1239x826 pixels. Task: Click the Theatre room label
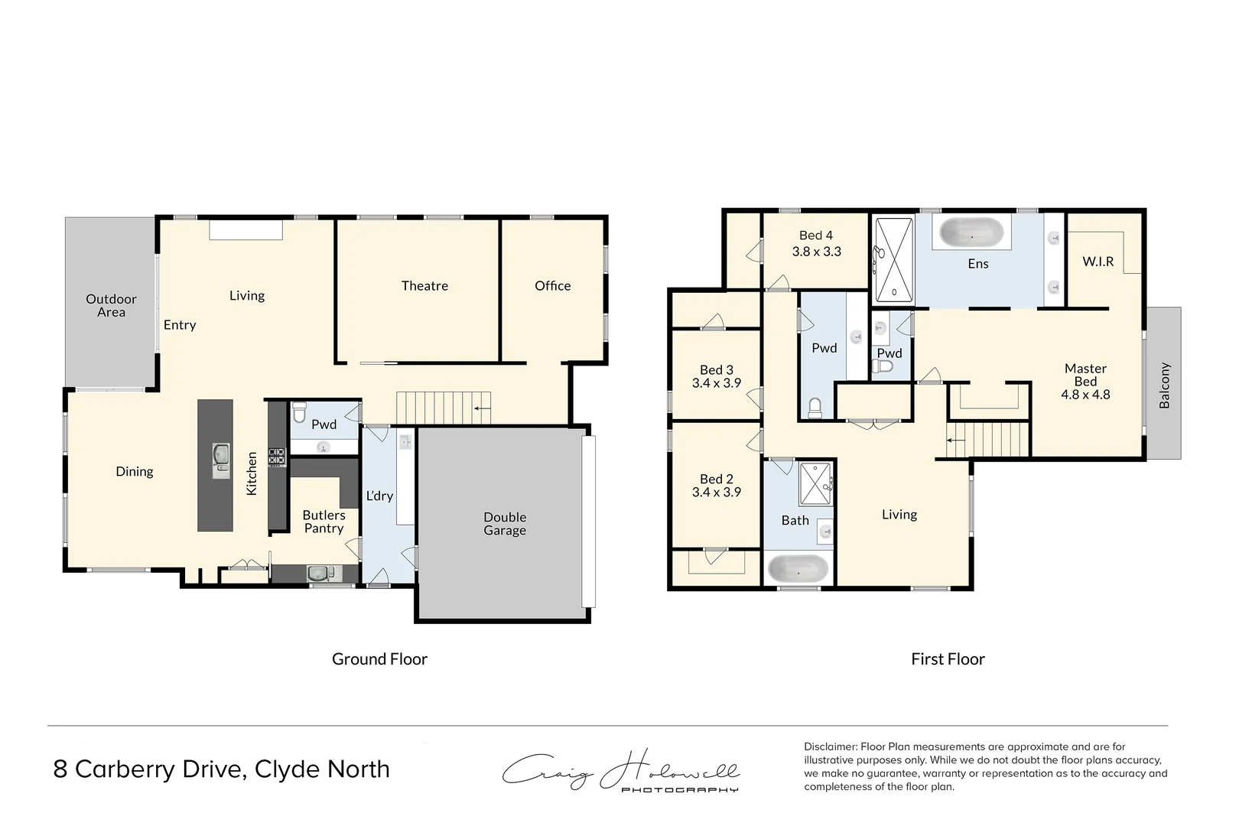424,286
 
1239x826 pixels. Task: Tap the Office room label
552,286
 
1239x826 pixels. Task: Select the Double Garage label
505,524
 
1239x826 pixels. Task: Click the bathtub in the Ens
971,233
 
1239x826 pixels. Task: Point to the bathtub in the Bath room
798,570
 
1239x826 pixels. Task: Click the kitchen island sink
221,461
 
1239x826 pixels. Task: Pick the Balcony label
1164,385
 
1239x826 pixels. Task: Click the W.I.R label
1098,262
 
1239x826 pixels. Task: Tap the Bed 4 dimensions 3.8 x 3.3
816,252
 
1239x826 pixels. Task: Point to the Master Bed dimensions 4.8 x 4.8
1085,395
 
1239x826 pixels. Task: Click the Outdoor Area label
111,306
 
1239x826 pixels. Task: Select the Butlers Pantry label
324,522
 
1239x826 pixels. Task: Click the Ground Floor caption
379,659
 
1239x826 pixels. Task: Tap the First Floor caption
948,659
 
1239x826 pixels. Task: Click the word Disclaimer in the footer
830,746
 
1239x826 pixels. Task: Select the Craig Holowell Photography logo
620,771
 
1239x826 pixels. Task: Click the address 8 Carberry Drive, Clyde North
221,769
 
